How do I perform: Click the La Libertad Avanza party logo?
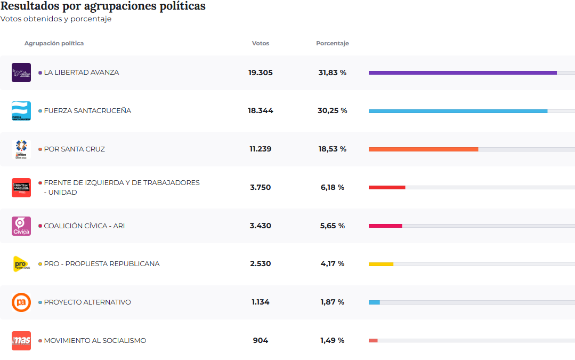point(21,73)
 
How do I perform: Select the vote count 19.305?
point(260,73)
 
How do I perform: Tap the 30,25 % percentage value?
point(333,110)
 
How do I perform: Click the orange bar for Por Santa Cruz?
point(423,149)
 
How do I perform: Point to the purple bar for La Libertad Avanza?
point(463,73)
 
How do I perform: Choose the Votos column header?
point(261,43)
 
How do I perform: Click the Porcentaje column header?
point(332,43)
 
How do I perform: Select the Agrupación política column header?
point(54,43)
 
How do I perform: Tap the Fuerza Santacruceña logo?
point(21,111)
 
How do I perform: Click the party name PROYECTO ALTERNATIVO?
point(87,302)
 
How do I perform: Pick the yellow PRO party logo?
point(21,264)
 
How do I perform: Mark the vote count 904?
point(261,340)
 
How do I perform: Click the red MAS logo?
point(21,341)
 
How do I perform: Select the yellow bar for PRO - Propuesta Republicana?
point(381,264)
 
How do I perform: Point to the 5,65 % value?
point(333,226)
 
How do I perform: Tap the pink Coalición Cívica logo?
point(21,226)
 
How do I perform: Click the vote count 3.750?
point(260,187)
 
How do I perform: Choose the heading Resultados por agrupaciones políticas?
point(103,6)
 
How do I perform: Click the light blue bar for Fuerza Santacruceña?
point(458,111)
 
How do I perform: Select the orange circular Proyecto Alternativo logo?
point(21,302)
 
